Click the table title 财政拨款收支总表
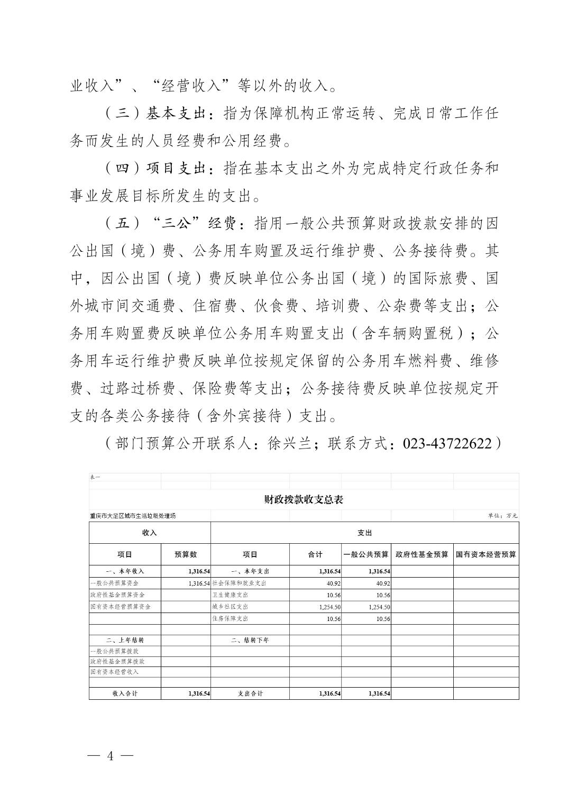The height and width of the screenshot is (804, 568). (x=304, y=499)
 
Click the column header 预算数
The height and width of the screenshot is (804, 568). (x=186, y=554)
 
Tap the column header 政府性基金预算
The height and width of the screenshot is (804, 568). (x=422, y=554)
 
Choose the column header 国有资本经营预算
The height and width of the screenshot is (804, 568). (x=486, y=554)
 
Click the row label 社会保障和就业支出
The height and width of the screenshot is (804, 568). (x=239, y=583)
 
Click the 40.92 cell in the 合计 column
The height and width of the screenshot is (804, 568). (x=333, y=583)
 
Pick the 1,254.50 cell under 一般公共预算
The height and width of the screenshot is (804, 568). (x=379, y=607)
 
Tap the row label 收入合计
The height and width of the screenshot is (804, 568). (x=125, y=693)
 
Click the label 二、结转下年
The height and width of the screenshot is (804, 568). (x=250, y=640)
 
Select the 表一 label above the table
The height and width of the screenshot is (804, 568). (x=95, y=477)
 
